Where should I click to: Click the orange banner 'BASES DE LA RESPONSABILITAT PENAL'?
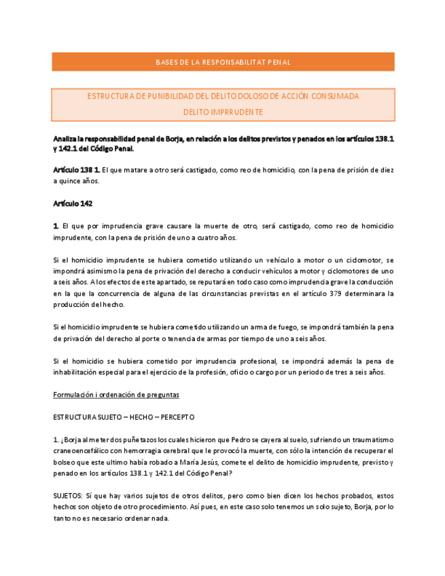coord(223,62)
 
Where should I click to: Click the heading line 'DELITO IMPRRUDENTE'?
coord(223,112)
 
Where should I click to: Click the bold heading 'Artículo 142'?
coord(73,204)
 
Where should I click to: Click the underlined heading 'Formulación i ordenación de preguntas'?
coord(116,395)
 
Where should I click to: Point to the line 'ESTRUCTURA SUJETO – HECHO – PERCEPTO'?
coord(124,416)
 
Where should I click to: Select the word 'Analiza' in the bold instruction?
coord(66,139)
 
